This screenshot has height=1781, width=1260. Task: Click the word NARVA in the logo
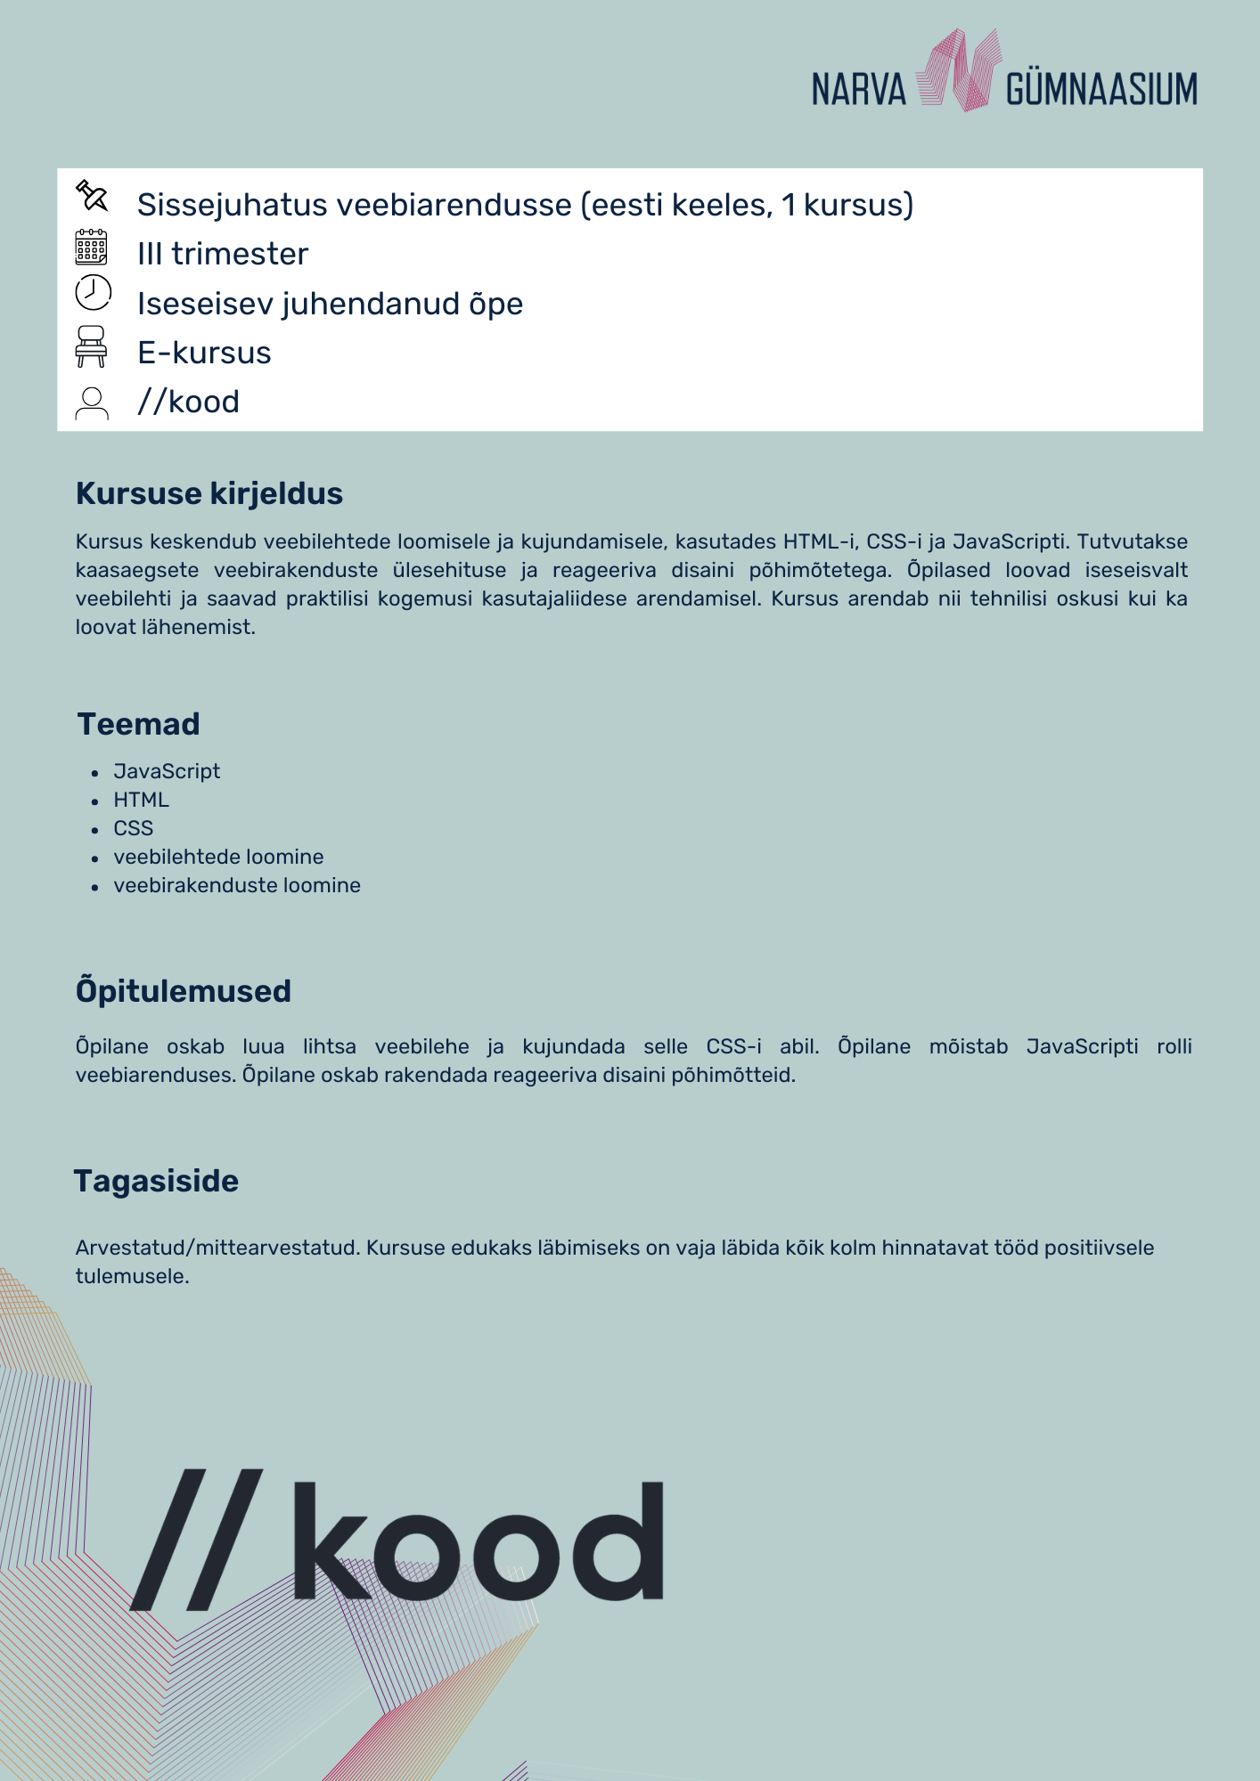[858, 90]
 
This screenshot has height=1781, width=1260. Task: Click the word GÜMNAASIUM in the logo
[1101, 90]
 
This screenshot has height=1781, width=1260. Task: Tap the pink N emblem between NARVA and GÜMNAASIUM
[958, 70]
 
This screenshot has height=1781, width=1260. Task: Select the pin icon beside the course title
[92, 195]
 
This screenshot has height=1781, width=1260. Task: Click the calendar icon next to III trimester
[92, 248]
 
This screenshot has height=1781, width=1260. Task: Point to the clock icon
[93, 293]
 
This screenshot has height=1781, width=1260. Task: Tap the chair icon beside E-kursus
[92, 346]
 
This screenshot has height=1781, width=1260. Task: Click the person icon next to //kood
[92, 403]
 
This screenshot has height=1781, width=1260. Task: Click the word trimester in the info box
[240, 255]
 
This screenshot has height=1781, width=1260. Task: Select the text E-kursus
[204, 354]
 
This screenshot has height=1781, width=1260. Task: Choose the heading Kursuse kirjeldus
[209, 493]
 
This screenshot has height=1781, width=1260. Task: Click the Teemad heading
[139, 724]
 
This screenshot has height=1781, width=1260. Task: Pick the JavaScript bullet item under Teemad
[167, 771]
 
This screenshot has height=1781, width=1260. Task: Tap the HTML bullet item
[141, 800]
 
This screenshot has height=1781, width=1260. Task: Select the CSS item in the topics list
[134, 828]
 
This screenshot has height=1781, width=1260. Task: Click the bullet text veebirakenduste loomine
[237, 885]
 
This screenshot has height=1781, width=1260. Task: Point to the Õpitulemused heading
[184, 991]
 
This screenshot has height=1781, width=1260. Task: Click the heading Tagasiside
[157, 1181]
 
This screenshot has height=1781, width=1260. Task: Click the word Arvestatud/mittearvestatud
[217, 1248]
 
